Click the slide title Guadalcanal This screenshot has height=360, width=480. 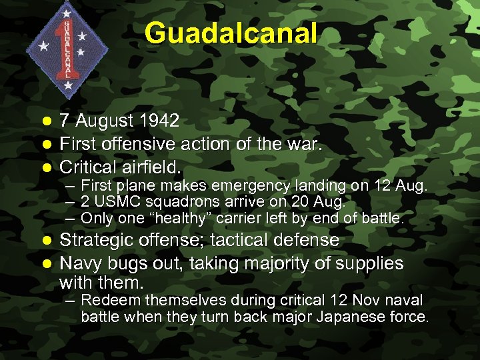click(x=231, y=33)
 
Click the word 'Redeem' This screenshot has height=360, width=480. click(x=107, y=301)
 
